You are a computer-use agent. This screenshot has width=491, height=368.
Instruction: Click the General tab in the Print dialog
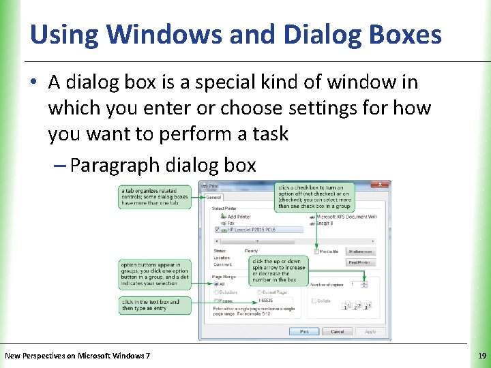[x=214, y=197]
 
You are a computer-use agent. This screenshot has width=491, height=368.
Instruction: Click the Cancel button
[x=337, y=331]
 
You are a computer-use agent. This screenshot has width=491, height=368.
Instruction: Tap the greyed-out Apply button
[x=370, y=331]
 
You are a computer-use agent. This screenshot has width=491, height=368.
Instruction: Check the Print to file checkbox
[x=316, y=251]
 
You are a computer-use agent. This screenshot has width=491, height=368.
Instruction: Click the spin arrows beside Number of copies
[x=366, y=283]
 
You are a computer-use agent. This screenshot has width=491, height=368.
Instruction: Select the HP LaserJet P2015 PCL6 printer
[x=259, y=230]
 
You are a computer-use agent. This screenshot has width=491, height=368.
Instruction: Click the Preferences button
[x=360, y=251]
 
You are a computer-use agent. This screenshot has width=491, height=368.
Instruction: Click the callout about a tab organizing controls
[x=155, y=197]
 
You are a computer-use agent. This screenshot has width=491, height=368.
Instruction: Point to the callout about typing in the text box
[x=155, y=305]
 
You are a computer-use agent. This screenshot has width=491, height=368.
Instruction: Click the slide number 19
[x=482, y=355]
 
